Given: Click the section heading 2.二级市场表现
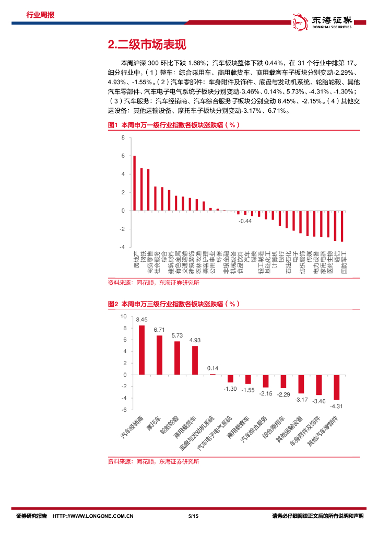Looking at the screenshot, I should [x=146, y=44].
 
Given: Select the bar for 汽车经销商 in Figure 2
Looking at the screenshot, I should [x=141, y=350].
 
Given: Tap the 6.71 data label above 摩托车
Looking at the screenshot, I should [x=159, y=330].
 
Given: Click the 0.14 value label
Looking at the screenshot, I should [x=212, y=368].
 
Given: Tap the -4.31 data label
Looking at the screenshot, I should [x=337, y=406].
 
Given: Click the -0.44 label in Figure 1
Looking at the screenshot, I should [x=245, y=222].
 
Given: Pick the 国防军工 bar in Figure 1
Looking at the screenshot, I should [x=342, y=226].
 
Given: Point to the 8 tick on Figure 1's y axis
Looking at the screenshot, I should [x=123, y=138].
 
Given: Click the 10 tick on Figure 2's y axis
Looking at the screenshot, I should [x=123, y=316].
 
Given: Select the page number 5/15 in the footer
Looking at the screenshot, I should [x=192, y=516].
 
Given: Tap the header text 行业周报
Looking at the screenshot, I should [x=40, y=15].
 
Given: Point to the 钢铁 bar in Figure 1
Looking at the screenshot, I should [x=141, y=189].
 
